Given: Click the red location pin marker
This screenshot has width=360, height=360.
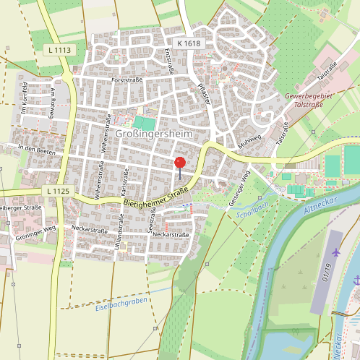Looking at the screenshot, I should click(180, 163).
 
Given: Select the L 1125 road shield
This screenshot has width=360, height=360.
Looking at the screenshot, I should click(56, 191).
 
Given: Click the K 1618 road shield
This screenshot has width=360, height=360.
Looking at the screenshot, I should click(186, 44).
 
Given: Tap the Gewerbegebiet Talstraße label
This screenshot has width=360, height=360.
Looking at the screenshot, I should click(313, 100).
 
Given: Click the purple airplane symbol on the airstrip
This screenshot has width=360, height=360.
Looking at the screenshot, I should click(337, 252).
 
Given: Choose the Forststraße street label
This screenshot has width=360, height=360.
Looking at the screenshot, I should click(127, 80).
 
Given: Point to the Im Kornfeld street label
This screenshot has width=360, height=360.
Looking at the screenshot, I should click(24, 100).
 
